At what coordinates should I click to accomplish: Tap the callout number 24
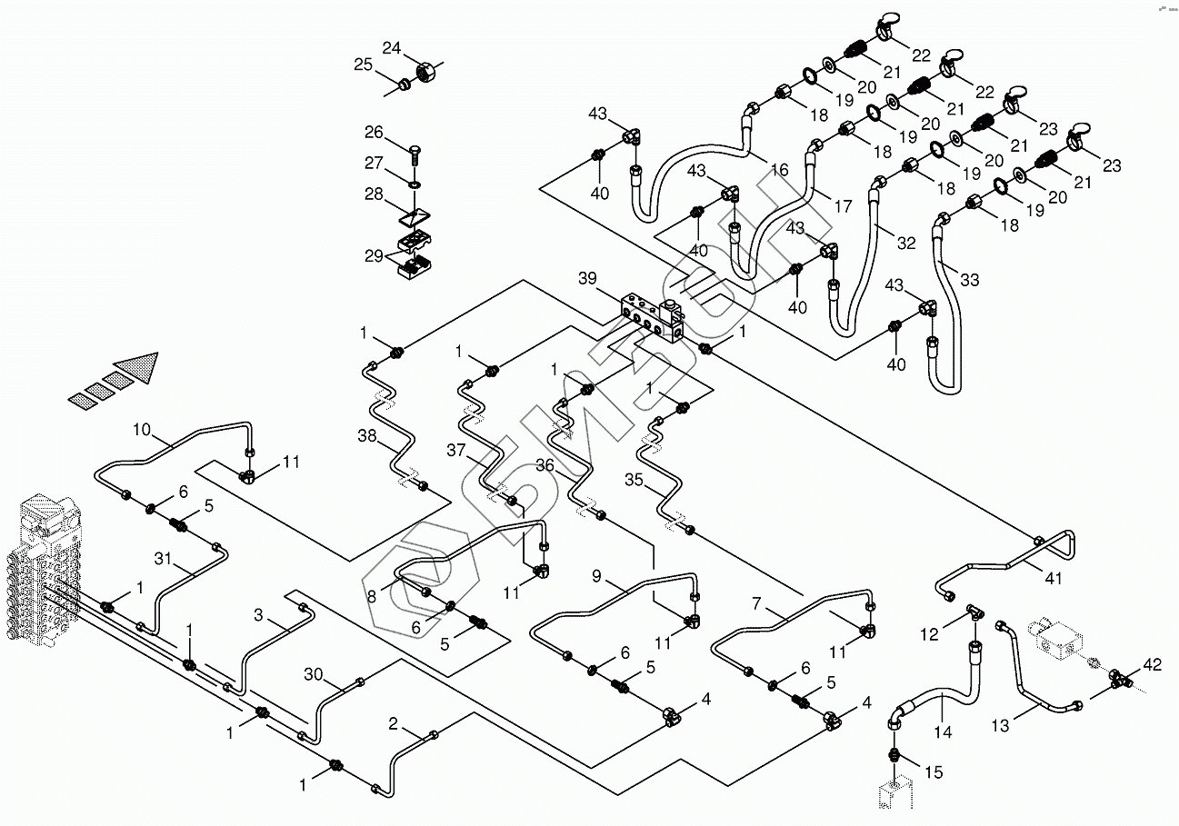click(x=391, y=48)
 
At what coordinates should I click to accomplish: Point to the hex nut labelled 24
click(x=423, y=69)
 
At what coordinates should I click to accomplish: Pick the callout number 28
click(x=374, y=194)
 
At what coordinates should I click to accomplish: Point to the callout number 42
click(x=1152, y=666)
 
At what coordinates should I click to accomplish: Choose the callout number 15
click(x=934, y=773)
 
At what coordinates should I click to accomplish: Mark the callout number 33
click(x=969, y=281)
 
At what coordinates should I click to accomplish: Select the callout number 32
click(x=906, y=244)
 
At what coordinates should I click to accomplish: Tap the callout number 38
click(x=366, y=436)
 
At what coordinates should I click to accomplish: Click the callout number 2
click(x=393, y=723)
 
